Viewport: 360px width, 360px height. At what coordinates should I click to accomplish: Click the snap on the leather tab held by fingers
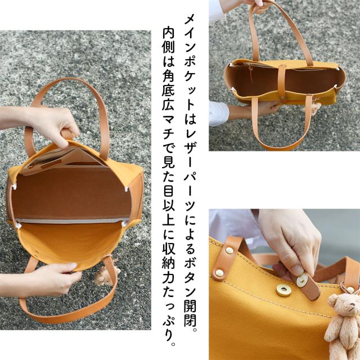coord(303,280)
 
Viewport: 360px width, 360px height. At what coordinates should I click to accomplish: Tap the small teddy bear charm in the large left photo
coord(105,276)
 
